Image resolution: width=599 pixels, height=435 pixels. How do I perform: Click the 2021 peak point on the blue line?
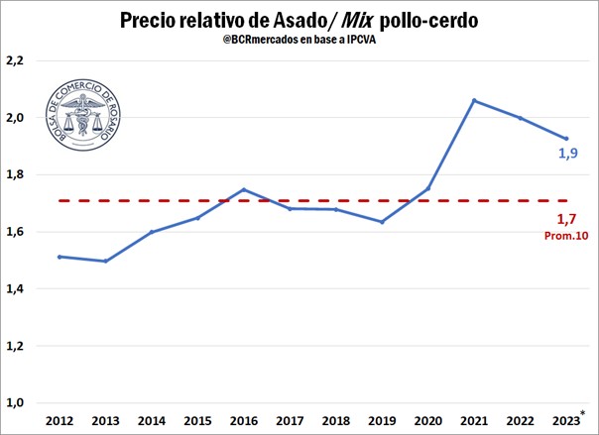(474, 100)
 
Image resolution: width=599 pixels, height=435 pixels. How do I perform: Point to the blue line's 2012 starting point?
(60, 257)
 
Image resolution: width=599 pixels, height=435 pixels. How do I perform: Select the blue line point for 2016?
(244, 189)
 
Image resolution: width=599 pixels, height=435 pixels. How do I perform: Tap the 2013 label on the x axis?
(105, 421)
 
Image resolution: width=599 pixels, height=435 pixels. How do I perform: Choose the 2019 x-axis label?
(382, 421)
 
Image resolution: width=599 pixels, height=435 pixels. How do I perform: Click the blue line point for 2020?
(428, 188)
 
